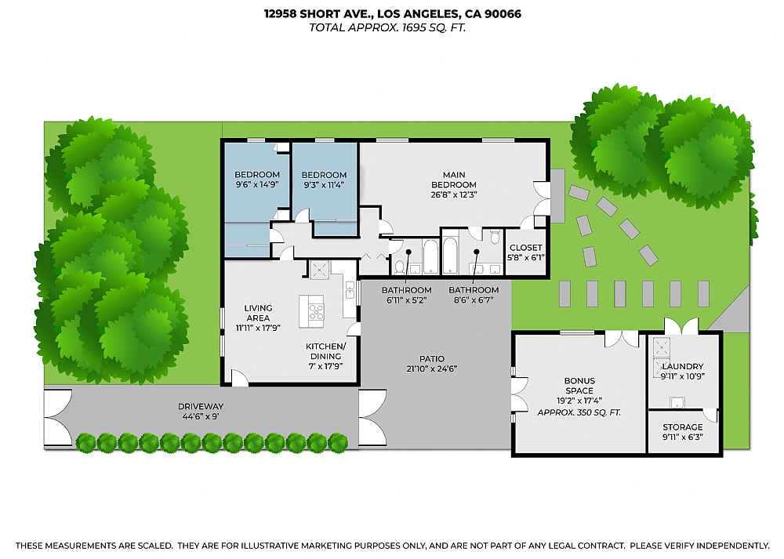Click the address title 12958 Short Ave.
[x=392, y=13]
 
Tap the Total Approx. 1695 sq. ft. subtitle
[x=392, y=27]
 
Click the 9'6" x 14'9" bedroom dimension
[x=256, y=185]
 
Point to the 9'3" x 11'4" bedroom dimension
[x=324, y=185]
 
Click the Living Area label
[x=257, y=313]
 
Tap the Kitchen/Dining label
[x=323, y=350]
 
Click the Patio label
[x=431, y=359]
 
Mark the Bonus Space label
[x=579, y=386]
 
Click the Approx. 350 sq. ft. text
[x=579, y=411]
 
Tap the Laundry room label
[x=683, y=366]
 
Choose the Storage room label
[x=683, y=427]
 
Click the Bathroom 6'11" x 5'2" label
[x=406, y=295]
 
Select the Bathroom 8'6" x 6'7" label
[x=474, y=295]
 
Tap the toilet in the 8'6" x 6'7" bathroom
[x=495, y=235]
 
